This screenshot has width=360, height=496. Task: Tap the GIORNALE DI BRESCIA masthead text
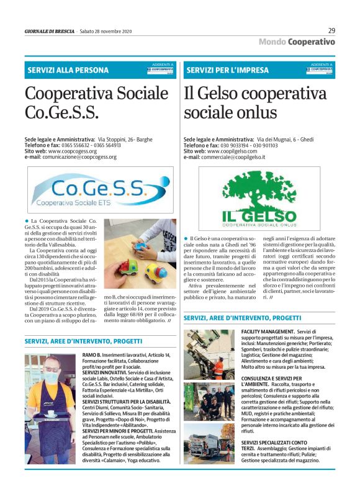pyautogui.click(x=49, y=30)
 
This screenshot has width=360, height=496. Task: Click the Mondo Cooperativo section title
pyautogui.click(x=297, y=42)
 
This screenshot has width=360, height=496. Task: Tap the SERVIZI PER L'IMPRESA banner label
pyautogui.click(x=228, y=70)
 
